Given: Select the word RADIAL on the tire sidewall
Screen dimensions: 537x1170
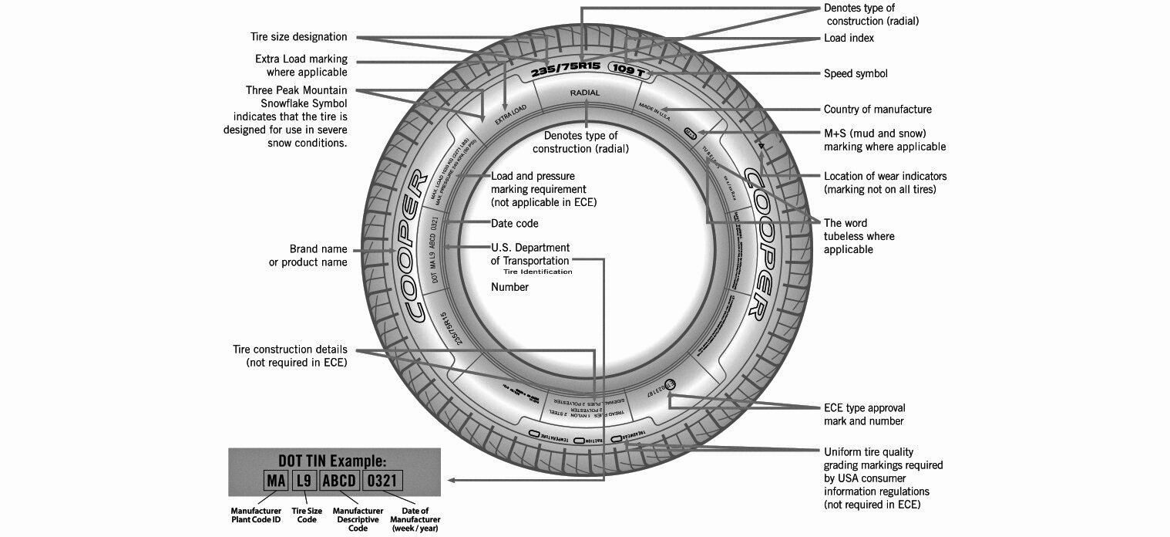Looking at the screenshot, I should (x=584, y=93).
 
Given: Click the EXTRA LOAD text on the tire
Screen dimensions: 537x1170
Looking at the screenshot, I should (x=510, y=114).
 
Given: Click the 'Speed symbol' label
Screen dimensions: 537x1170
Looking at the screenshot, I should (x=856, y=74).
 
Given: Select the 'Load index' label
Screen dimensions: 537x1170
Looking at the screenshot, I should (x=849, y=38).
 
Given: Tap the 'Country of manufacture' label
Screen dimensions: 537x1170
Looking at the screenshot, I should (x=877, y=110).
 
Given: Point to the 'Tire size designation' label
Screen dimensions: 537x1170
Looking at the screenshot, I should (x=298, y=37).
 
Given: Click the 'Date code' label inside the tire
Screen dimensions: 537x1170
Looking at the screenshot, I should (x=515, y=224).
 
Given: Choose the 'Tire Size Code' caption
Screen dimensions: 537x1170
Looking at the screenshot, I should (x=306, y=515).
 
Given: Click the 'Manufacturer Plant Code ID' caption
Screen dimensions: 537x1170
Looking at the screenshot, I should (x=256, y=515).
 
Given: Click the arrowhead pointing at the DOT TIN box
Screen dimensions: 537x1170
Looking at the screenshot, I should (x=451, y=481).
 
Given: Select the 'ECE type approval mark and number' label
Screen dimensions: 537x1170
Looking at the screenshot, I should (x=864, y=414).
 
